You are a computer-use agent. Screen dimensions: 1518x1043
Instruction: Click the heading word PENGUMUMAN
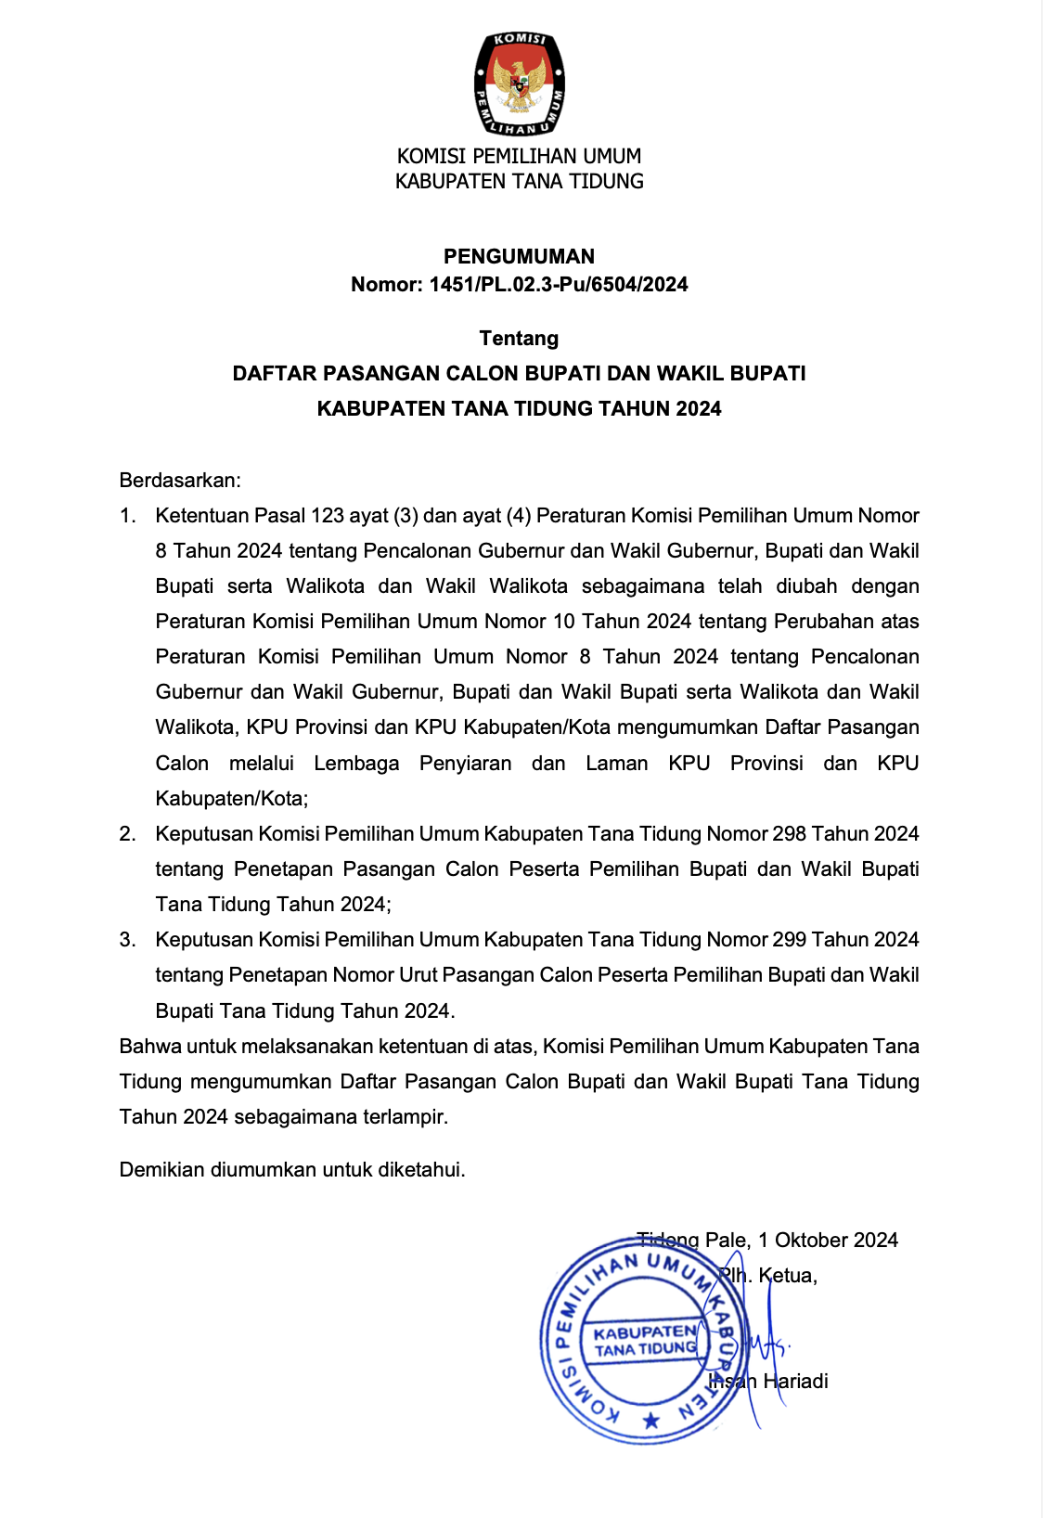pos(519,256)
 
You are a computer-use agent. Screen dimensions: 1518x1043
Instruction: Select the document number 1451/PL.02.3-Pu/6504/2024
pos(559,285)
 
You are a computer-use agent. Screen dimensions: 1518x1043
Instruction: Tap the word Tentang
pos(519,338)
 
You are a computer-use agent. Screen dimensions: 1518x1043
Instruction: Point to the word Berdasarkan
pos(180,480)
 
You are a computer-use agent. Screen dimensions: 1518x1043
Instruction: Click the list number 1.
pos(127,516)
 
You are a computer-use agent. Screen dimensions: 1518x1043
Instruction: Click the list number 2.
pos(127,834)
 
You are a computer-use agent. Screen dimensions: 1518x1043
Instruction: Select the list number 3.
pos(127,940)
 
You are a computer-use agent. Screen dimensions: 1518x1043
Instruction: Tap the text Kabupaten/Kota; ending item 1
pos(232,799)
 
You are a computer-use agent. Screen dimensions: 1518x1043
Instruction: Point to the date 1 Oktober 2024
pos(828,1241)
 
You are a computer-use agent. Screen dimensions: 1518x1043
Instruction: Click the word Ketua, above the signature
pos(788,1276)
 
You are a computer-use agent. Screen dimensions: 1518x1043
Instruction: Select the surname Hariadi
pos(795,1382)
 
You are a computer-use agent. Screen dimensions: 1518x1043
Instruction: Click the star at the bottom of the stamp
pos(651,1420)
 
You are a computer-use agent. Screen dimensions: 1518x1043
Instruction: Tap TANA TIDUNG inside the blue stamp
pos(646,1349)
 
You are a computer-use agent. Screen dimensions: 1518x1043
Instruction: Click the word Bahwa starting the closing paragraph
pos(150,1047)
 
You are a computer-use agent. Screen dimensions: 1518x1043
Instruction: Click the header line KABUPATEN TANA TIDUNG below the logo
pos(520,182)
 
